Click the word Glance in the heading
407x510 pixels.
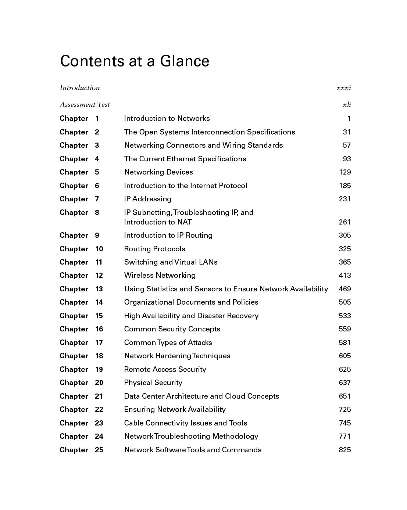tap(184, 61)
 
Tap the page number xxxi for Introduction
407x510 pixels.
tap(344, 88)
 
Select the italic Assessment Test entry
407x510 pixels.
tap(85, 105)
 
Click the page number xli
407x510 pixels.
tap(347, 105)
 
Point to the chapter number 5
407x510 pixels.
tap(97, 172)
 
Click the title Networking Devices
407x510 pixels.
tap(158, 172)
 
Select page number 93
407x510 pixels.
tap(347, 159)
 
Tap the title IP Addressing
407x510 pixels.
tap(148, 199)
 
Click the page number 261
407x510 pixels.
tap(345, 222)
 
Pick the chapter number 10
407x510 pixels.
tap(99, 249)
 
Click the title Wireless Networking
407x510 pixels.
tap(160, 276)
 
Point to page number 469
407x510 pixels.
tap(345, 289)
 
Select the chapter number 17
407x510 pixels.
tap(99, 343)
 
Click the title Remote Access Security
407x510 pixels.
tap(165, 370)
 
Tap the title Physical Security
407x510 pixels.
tap(153, 383)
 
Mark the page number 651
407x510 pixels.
tap(345, 396)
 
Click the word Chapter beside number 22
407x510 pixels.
tap(74, 410)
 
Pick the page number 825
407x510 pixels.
tap(345, 450)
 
